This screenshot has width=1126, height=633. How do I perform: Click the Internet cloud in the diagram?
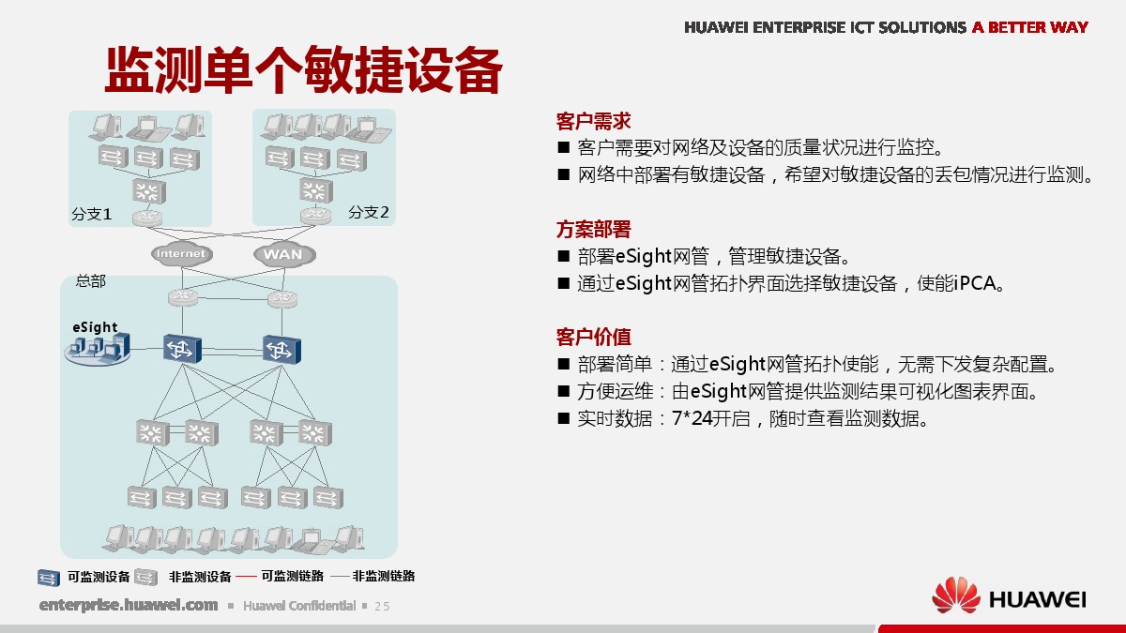181,254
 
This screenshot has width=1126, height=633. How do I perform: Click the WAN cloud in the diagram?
284,255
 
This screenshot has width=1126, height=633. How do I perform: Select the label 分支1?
92,214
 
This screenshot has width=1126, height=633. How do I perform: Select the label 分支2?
369,212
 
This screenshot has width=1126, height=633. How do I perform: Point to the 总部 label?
90,280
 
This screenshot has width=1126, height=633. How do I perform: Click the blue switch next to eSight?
182,348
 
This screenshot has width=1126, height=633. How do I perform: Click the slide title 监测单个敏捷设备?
304,69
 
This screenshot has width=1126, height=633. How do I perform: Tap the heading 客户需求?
593,121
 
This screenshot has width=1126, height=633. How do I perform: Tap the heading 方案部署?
593,229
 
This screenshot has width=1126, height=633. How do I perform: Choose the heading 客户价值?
593,337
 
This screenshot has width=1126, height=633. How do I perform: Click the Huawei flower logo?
955,595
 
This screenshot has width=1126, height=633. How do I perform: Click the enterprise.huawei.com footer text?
129,605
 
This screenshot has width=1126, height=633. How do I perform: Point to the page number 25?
382,607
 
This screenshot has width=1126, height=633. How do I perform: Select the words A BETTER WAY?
1030,27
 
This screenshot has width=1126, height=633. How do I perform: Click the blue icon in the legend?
49,578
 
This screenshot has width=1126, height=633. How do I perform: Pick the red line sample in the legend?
246,577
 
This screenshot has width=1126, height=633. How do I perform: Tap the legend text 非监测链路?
384,576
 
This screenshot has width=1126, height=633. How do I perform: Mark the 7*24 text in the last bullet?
692,418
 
